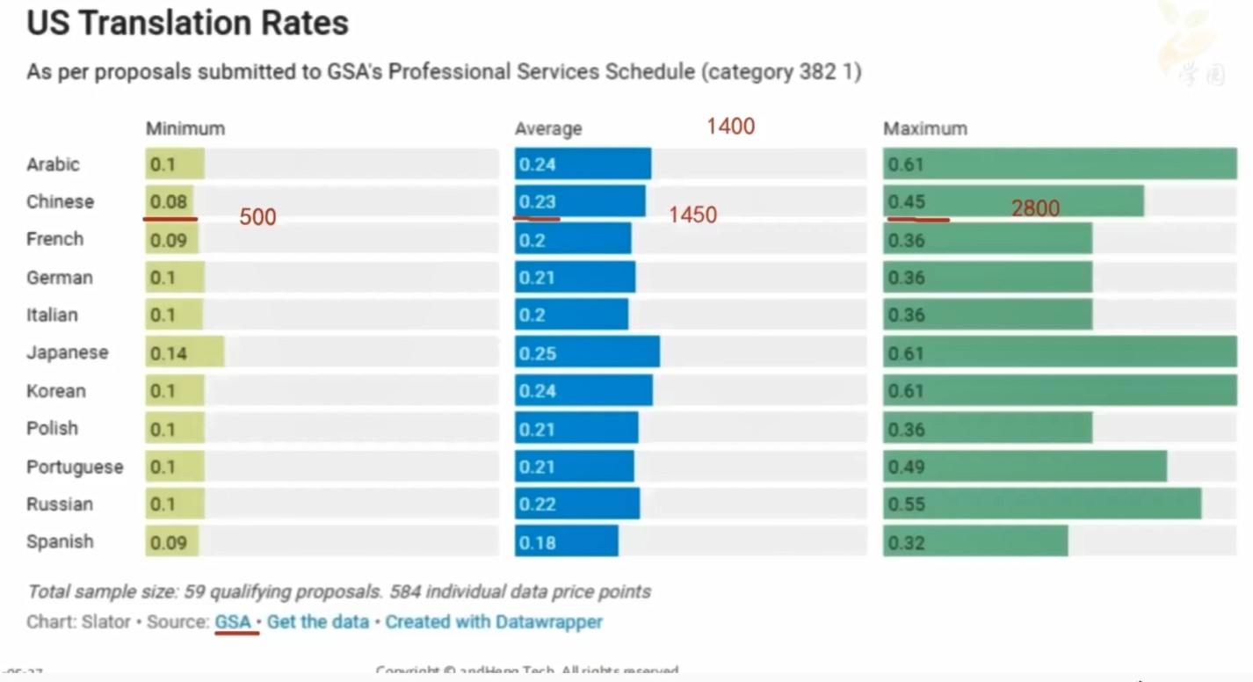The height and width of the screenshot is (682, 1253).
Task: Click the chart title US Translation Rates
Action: pos(187,24)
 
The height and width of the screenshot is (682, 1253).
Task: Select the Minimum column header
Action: pos(185,128)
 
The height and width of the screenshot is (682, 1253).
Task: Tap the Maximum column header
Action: pos(925,128)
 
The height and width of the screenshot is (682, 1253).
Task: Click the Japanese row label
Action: pos(68,352)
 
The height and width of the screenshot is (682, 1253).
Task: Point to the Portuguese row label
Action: pos(75,467)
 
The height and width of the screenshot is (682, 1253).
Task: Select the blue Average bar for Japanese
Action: pos(586,352)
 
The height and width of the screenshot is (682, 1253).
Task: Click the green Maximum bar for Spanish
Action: pos(975,541)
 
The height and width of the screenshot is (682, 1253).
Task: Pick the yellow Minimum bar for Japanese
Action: pos(185,352)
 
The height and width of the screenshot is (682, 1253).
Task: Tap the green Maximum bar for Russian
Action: pos(1041,504)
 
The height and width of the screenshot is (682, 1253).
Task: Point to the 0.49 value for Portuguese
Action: pos(906,467)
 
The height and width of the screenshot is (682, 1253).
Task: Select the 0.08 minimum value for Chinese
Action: pos(168,202)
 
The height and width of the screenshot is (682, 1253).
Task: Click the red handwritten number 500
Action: pos(257,217)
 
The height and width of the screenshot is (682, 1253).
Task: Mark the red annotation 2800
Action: pos(1035,208)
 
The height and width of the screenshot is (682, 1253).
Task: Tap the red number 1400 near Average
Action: pos(730,127)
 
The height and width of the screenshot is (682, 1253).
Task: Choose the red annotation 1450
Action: pos(692,215)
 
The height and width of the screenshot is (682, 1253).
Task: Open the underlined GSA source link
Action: pos(233,621)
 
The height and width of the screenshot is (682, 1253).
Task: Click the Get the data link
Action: pos(318,621)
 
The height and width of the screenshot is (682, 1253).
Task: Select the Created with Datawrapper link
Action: pos(494,621)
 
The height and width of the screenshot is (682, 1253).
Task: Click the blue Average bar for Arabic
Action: pos(583,164)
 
